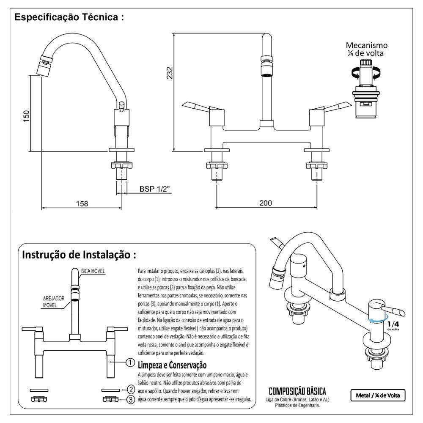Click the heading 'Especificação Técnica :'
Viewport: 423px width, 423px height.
[x=69, y=18]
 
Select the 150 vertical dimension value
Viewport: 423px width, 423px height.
[x=26, y=116]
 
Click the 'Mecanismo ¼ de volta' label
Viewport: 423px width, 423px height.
[x=366, y=49]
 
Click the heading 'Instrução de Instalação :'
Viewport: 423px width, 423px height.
[x=79, y=255]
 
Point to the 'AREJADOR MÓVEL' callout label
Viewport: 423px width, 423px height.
[x=54, y=302]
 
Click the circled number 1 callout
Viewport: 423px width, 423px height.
[x=131, y=363]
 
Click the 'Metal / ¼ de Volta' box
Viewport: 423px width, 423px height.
[x=377, y=396]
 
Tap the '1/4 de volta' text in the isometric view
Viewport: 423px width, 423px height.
[x=393, y=325]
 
